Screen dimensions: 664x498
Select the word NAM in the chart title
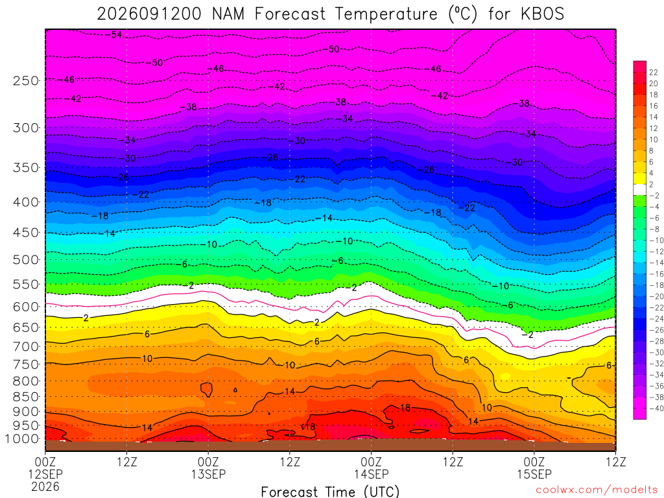(229, 14)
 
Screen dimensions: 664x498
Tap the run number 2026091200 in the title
(149, 14)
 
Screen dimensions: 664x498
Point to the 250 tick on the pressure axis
(26, 80)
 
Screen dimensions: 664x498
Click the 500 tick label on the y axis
(26, 259)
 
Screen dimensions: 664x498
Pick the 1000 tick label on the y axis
(23, 439)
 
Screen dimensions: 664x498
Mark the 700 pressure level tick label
(26, 346)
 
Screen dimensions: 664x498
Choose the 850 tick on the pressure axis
(26, 397)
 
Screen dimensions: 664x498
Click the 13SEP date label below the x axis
(208, 474)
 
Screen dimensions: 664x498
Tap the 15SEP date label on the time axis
(534, 474)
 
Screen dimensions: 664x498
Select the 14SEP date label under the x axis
(372, 474)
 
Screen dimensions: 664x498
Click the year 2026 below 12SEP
(45, 486)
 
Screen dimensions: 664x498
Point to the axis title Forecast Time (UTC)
(330, 492)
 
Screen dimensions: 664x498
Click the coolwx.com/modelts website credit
(597, 490)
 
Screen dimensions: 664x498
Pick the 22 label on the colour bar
(654, 73)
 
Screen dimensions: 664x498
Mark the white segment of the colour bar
(640, 190)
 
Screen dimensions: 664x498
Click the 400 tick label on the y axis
(26, 202)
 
